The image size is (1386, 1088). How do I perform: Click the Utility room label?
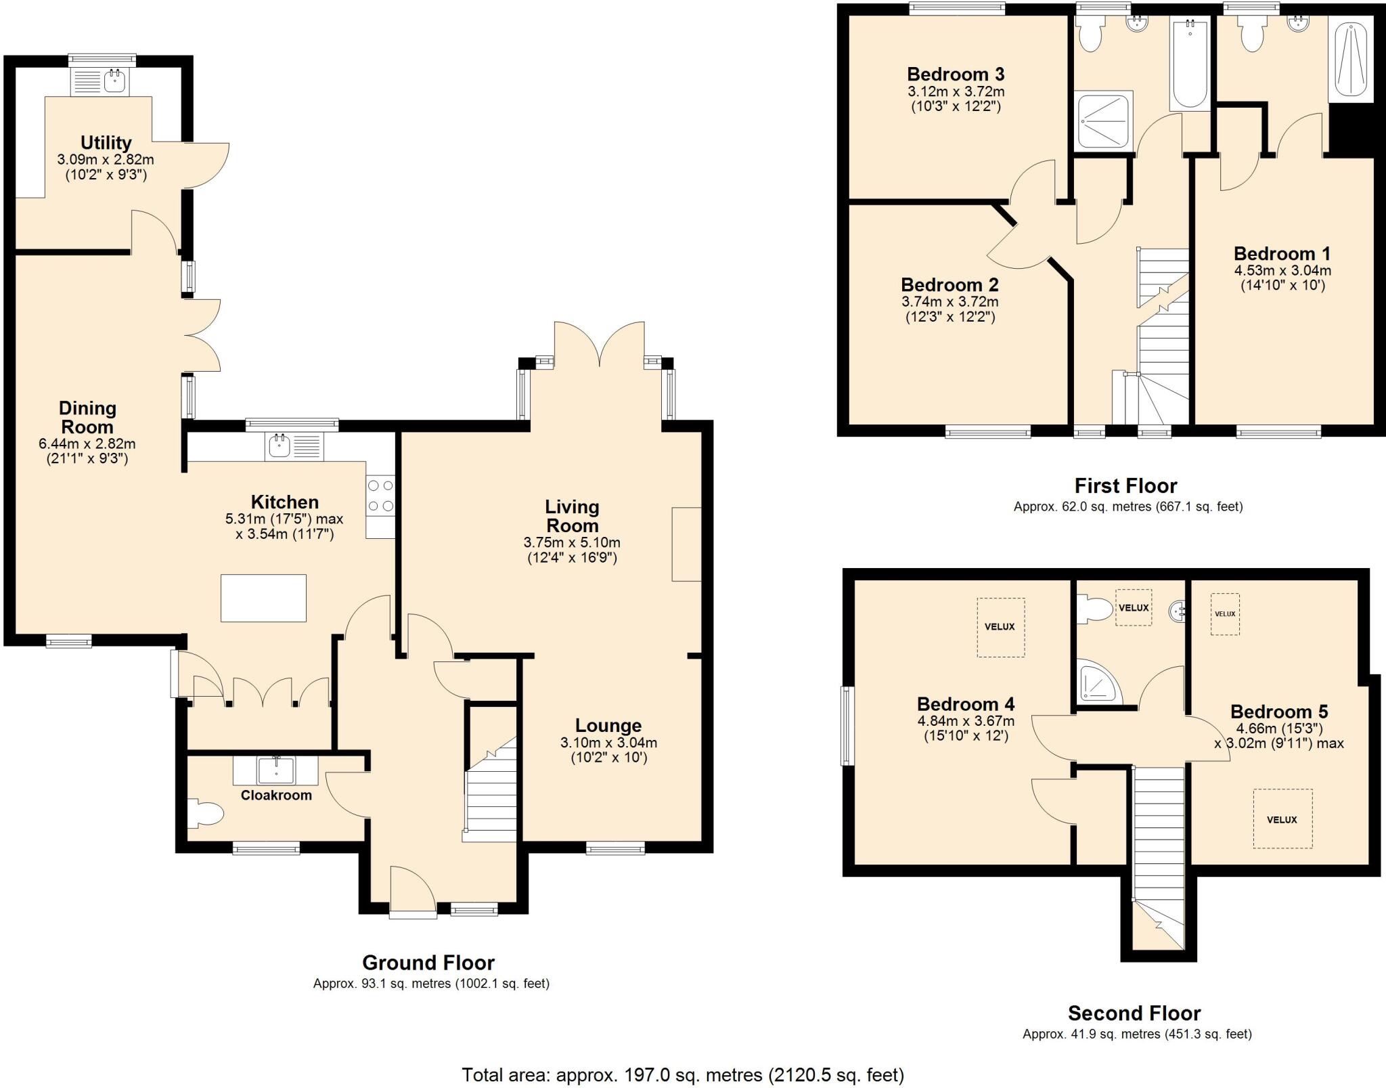click(106, 143)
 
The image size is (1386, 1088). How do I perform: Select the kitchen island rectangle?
click(263, 598)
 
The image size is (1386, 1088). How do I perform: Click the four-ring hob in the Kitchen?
click(380, 496)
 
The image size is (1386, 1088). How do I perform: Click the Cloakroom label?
click(276, 796)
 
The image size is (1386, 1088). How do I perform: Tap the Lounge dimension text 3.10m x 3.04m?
click(608, 743)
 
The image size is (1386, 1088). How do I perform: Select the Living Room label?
click(572, 516)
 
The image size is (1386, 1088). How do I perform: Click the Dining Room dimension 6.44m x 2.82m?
click(87, 444)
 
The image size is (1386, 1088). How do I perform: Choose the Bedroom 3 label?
click(956, 74)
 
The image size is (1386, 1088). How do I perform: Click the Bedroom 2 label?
click(949, 284)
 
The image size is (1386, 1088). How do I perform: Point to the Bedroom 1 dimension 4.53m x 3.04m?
click(1282, 271)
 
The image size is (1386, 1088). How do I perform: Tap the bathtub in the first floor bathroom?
click(1190, 66)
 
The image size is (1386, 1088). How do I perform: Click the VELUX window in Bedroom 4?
click(1000, 627)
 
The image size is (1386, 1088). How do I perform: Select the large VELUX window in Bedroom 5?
click(1282, 819)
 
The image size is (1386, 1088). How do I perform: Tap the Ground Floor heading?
click(428, 962)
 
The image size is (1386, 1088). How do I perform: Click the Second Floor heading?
click(1134, 1013)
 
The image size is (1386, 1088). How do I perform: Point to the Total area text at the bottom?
click(682, 1074)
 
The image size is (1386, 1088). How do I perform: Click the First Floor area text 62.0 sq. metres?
click(1127, 506)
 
